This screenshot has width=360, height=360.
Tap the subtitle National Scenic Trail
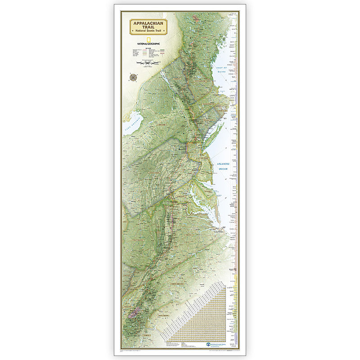(x=148, y=31)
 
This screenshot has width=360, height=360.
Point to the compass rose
(x=133, y=77)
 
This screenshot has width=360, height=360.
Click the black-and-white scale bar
(x=148, y=63)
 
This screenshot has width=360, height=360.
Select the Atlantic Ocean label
(x=223, y=166)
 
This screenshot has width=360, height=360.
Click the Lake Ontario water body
(x=134, y=121)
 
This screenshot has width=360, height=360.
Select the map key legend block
(x=148, y=53)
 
